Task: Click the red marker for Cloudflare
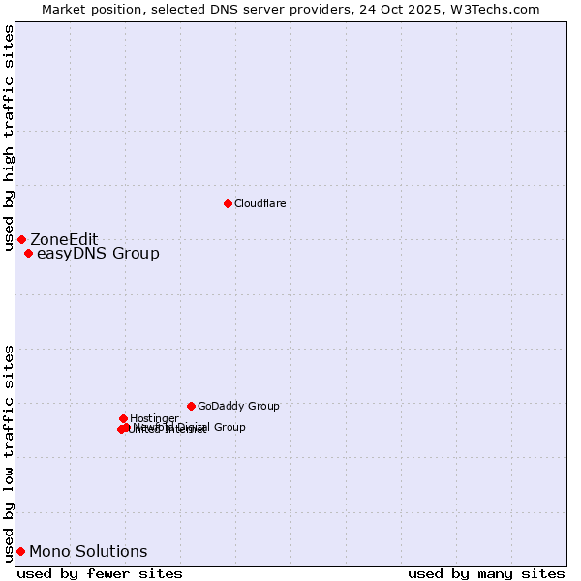click(228, 203)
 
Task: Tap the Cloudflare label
click(260, 203)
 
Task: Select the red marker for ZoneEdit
click(21, 239)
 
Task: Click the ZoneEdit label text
click(64, 239)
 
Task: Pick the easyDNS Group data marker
click(28, 254)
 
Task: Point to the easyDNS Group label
click(98, 254)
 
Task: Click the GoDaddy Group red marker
click(191, 406)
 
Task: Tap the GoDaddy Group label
click(238, 406)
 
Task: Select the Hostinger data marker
click(123, 418)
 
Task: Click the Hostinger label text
click(154, 418)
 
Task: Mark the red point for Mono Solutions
click(20, 551)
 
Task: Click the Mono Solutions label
click(88, 551)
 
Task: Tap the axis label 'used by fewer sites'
click(100, 573)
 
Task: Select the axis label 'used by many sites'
click(486, 573)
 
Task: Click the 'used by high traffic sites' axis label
click(9, 138)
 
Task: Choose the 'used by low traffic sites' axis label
click(9, 452)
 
